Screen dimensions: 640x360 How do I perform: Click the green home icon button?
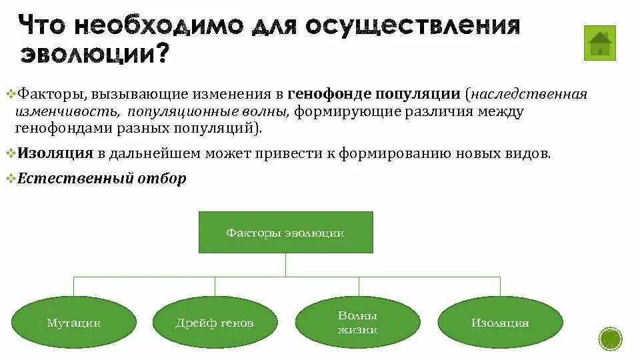599,43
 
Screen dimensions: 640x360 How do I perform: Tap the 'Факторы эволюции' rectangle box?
285,233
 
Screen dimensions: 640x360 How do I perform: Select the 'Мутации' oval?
74,323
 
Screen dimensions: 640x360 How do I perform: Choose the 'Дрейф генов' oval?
215,323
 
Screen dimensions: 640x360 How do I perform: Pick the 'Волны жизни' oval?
357,323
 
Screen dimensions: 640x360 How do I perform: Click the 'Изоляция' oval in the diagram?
500,323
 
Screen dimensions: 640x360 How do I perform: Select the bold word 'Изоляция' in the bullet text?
55,153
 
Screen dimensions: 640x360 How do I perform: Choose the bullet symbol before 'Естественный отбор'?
10,179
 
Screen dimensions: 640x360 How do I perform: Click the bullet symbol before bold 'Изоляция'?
10,153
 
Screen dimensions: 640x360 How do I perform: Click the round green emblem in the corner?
610,339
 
